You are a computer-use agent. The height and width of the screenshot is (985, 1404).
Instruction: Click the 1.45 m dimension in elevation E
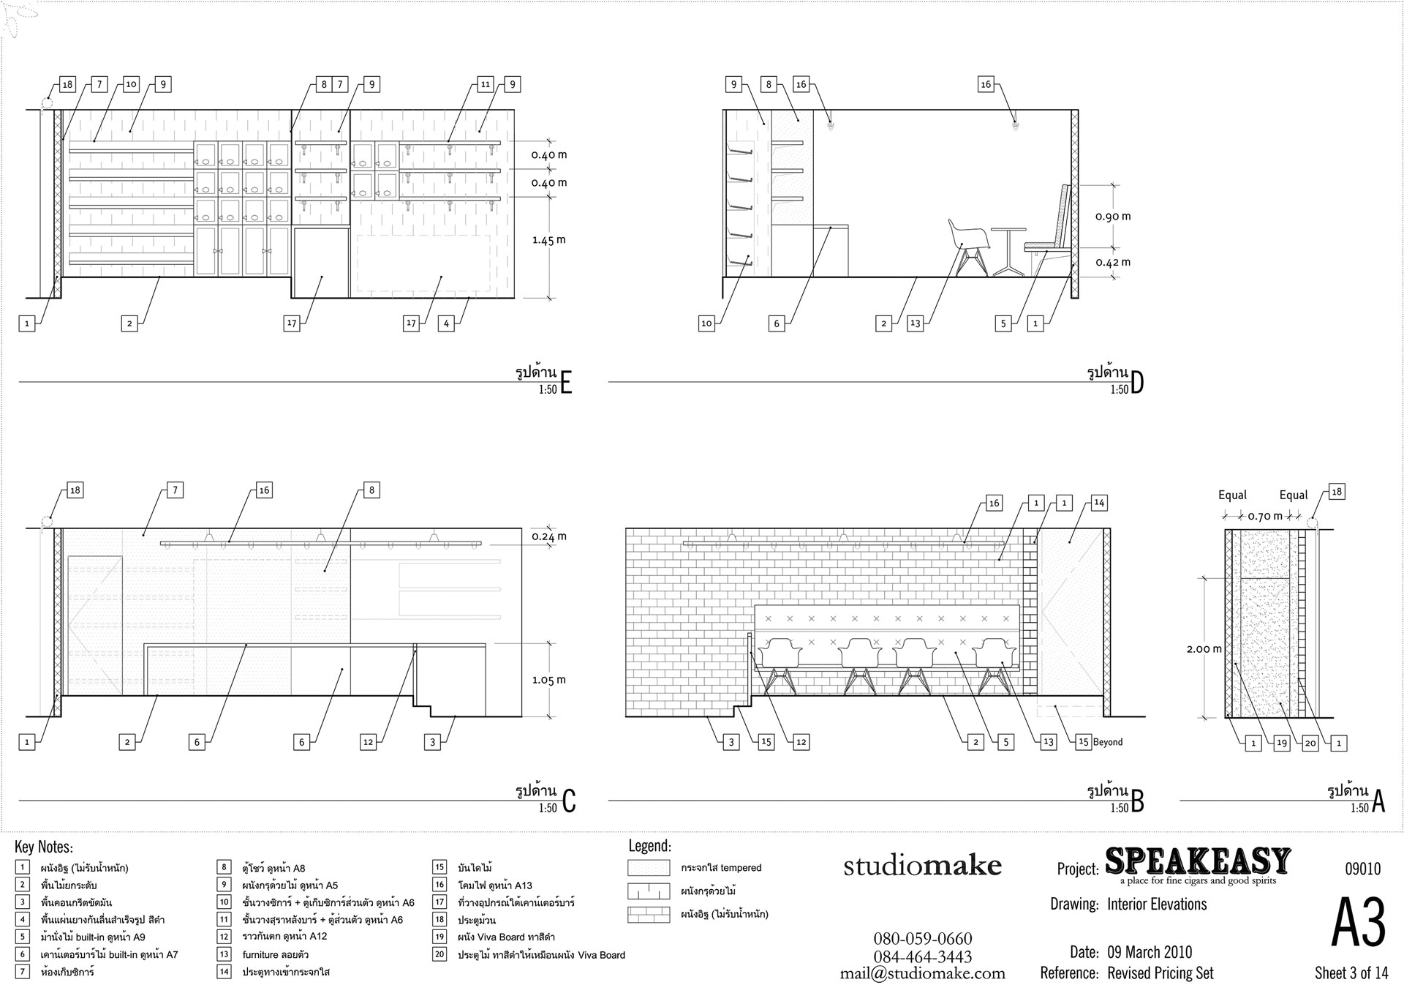(x=549, y=240)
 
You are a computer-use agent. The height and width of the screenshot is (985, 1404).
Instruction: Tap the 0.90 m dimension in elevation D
(x=1113, y=217)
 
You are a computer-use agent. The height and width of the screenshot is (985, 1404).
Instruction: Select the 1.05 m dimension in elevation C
(x=549, y=680)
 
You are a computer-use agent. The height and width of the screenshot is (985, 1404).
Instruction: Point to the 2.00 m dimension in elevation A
(x=1204, y=648)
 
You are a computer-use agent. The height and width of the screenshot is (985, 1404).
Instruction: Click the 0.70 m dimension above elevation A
(x=1265, y=516)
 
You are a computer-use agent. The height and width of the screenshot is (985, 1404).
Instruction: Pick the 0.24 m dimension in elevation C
(x=549, y=536)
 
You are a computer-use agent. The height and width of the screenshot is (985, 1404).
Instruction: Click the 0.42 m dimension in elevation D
(x=1113, y=262)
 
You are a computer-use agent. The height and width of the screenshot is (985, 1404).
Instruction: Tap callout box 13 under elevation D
(x=915, y=323)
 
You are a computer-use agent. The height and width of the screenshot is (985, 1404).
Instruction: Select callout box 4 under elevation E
(x=446, y=323)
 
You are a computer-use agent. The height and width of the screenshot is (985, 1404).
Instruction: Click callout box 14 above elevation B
(x=1098, y=503)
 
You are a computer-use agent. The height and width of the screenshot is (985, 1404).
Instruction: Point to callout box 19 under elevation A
(x=1281, y=743)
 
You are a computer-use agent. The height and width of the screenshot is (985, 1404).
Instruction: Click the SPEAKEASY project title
(x=1198, y=861)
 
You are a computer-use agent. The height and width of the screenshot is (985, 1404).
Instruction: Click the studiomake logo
(x=922, y=866)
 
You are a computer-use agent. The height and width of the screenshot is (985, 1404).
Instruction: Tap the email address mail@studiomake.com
(x=922, y=973)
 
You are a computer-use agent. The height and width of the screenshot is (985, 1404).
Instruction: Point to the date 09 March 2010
(x=1150, y=952)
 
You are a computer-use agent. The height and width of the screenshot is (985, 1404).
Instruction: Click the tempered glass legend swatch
(x=649, y=868)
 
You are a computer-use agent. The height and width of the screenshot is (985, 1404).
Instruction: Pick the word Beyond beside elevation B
(x=1107, y=742)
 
